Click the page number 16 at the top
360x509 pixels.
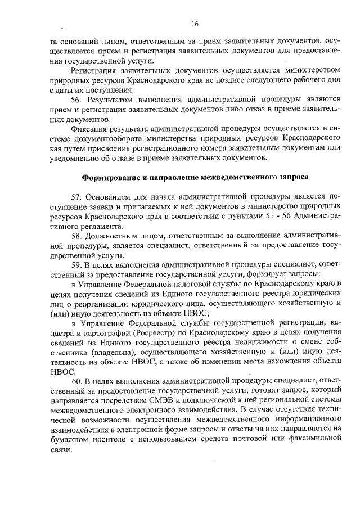195,24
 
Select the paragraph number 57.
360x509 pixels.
76,197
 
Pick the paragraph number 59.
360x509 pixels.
76,265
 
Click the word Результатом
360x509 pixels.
111,99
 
